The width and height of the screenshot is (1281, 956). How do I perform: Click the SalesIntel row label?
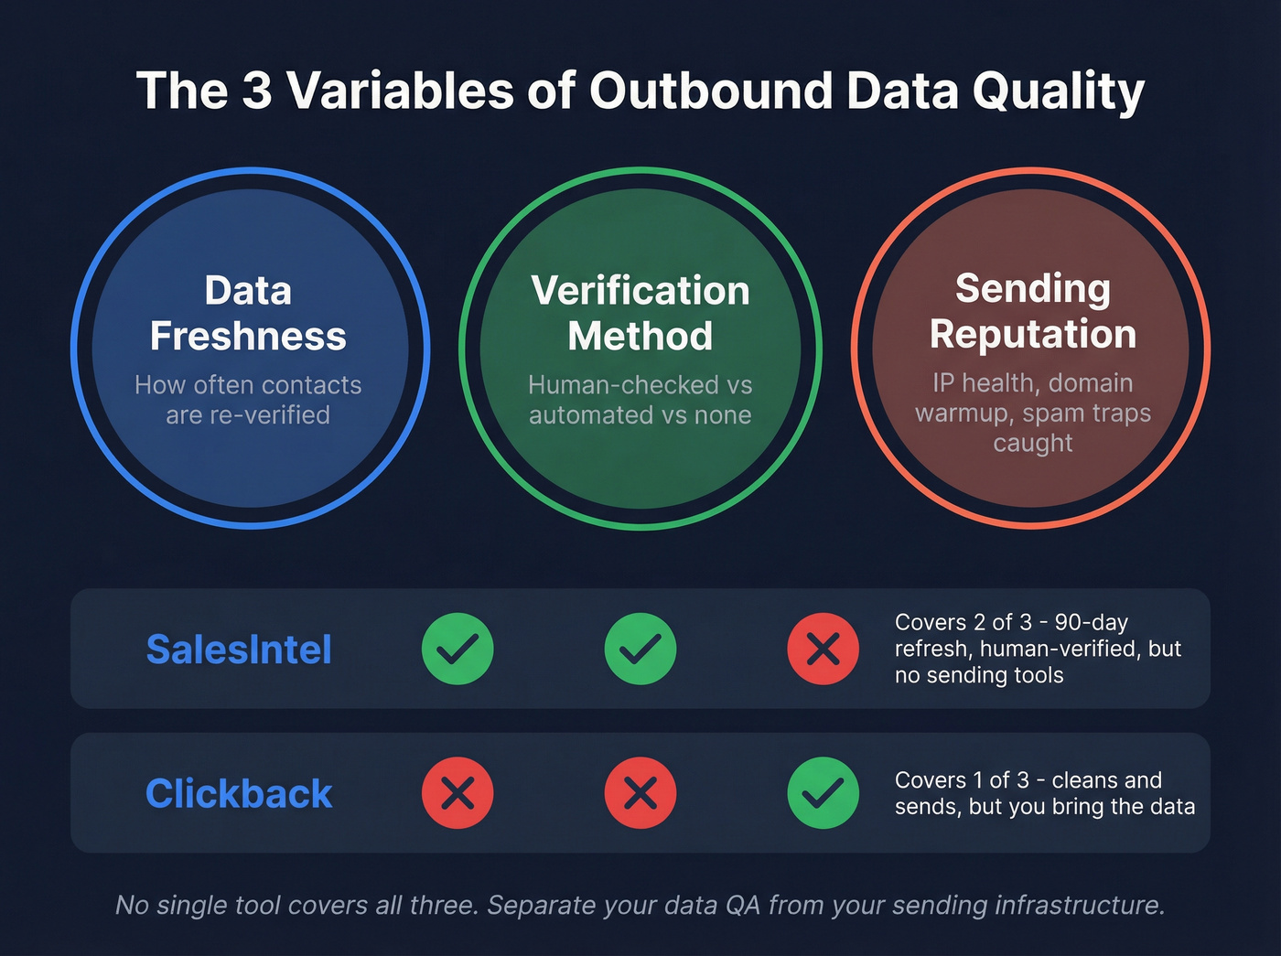click(239, 650)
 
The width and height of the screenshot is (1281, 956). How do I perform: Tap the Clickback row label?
click(239, 794)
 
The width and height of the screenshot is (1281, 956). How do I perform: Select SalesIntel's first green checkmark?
click(457, 650)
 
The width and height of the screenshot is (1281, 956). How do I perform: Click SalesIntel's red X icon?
click(823, 650)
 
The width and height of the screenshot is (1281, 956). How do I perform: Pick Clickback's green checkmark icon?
click(823, 793)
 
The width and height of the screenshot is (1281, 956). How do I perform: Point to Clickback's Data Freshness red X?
click(457, 793)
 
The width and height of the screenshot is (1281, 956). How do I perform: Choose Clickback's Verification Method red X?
click(640, 793)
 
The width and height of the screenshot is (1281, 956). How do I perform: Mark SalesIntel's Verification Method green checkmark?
click(640, 650)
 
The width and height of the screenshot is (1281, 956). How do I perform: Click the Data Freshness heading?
click(248, 314)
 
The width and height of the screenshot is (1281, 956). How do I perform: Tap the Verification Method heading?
click(640, 314)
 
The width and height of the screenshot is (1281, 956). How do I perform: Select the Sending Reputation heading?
click(1033, 311)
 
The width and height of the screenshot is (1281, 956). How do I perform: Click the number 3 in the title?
click(257, 91)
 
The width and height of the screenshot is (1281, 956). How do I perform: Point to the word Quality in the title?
click(1059, 91)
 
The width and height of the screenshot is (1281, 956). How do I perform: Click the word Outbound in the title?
click(711, 91)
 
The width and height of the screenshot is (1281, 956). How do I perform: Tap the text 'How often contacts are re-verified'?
click(248, 400)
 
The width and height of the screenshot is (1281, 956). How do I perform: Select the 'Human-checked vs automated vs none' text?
click(640, 400)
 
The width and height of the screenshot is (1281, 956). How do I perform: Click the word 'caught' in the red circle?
click(1033, 443)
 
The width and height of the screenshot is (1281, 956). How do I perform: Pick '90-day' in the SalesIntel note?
click(1092, 622)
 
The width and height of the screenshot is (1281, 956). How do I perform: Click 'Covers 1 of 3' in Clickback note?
click(962, 780)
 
